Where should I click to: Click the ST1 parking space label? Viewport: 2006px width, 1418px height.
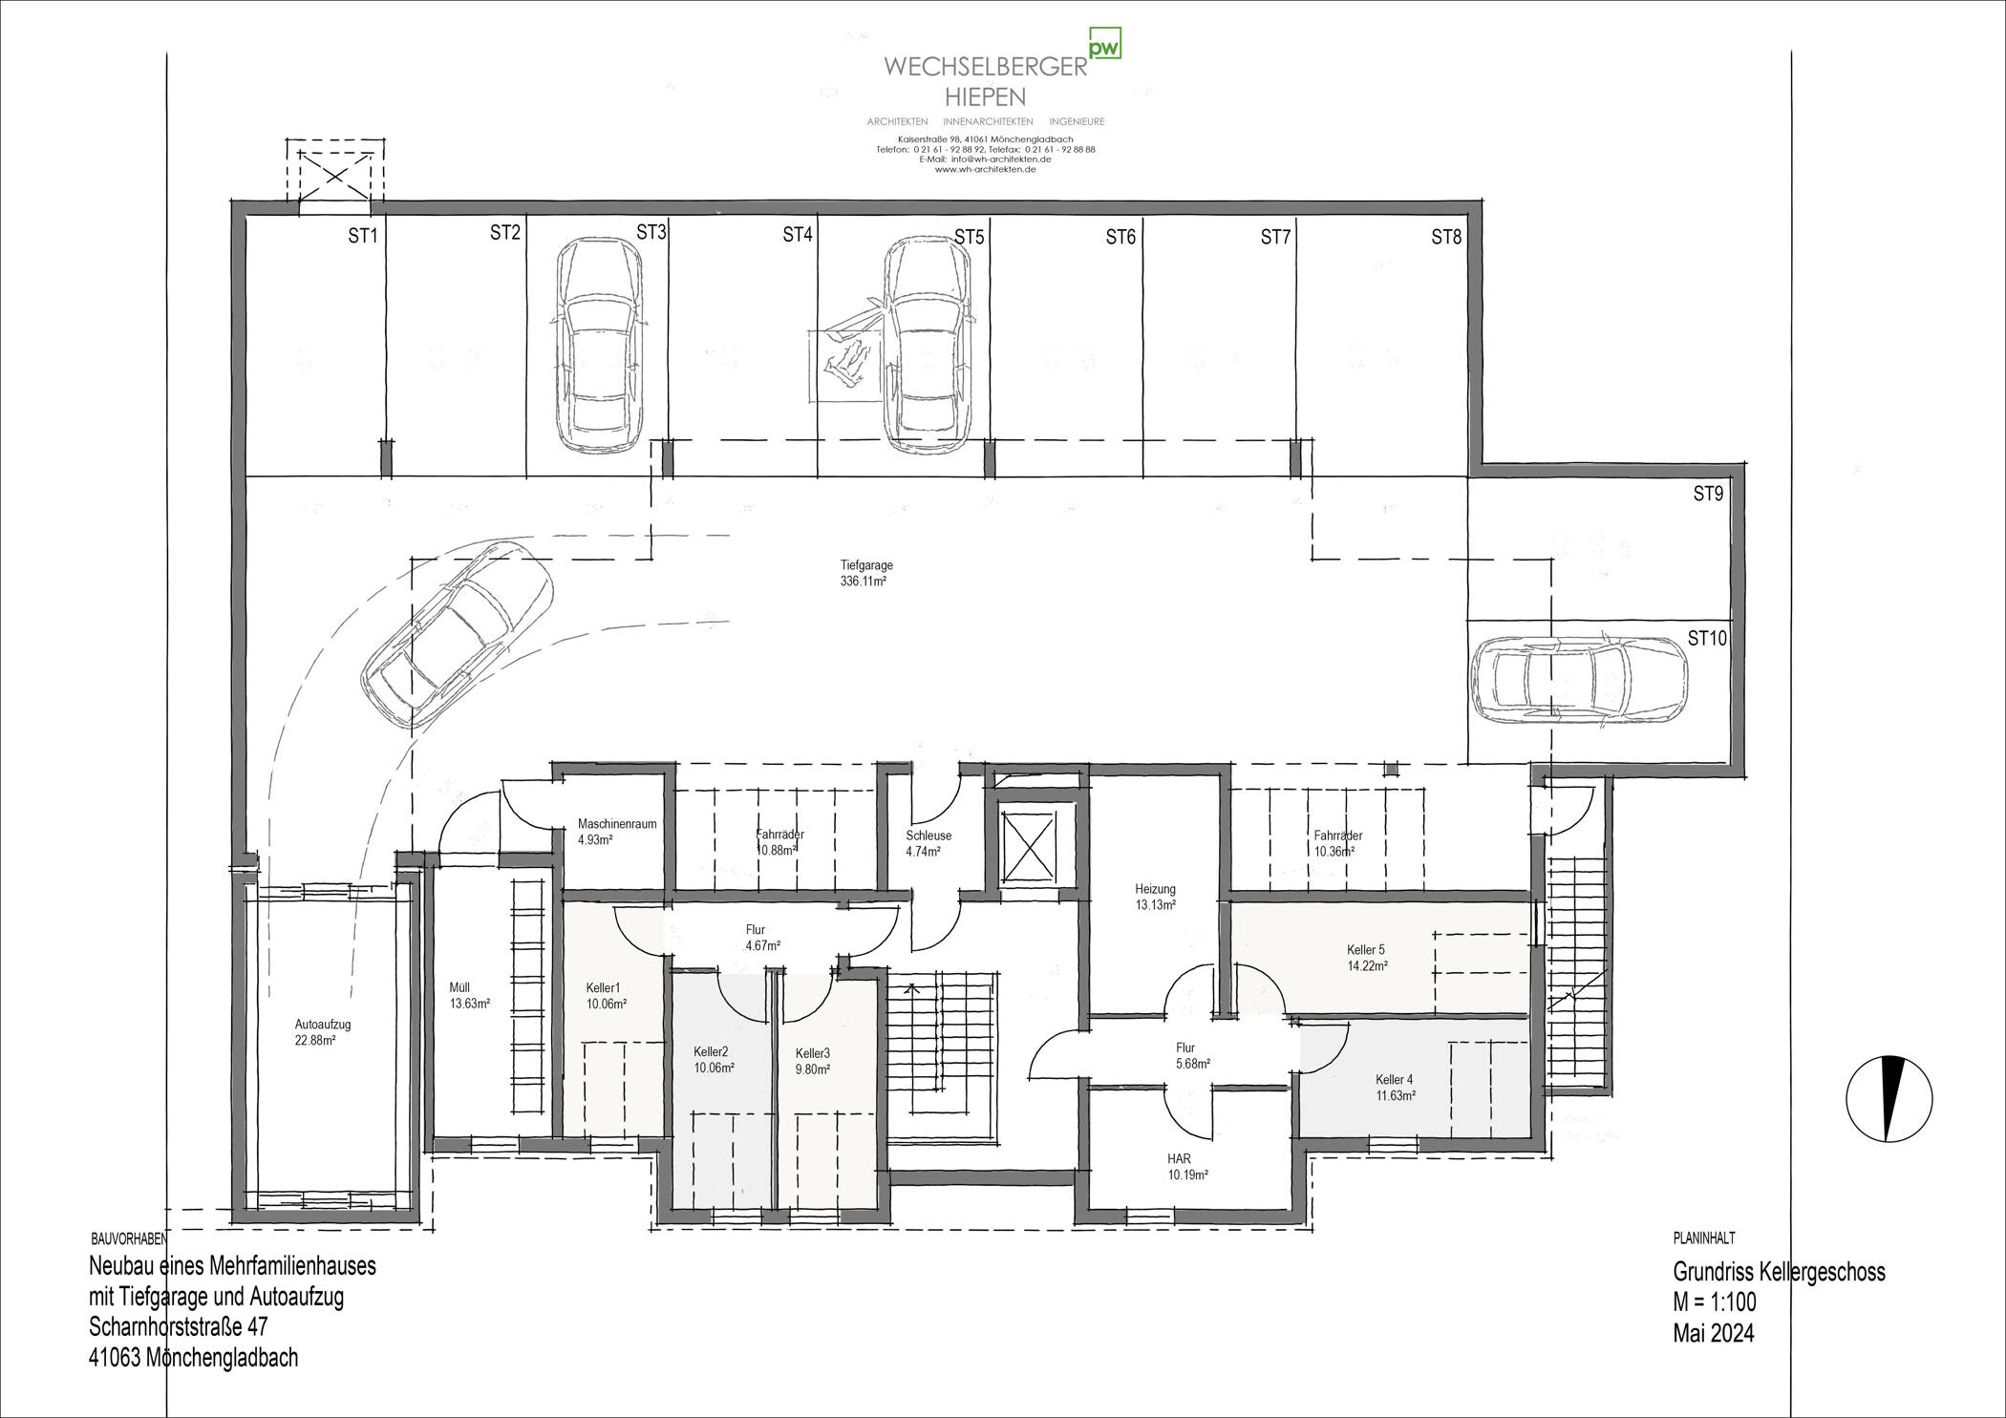pos(363,237)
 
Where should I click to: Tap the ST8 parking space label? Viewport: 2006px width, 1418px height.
pos(1446,237)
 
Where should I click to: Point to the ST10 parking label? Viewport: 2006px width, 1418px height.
pos(1707,638)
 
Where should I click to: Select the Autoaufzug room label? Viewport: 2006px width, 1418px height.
pos(323,1025)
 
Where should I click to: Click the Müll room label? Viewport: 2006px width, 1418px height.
pos(459,987)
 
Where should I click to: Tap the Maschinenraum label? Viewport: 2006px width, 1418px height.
pos(617,824)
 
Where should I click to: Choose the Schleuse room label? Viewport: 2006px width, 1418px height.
pos(928,836)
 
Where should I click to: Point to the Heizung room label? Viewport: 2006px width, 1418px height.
pos(1155,888)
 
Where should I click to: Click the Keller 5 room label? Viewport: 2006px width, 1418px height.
pos(1366,950)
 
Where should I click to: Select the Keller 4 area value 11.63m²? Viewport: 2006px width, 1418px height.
pos(1395,1095)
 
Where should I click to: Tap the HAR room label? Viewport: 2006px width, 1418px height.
pos(1179,1158)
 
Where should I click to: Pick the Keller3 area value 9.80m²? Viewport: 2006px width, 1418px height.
pos(812,1069)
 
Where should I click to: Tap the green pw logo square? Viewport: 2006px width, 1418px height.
pos(1105,44)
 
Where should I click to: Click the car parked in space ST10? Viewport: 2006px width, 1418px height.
pos(1579,681)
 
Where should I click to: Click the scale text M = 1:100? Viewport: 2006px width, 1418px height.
pos(1714,1302)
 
